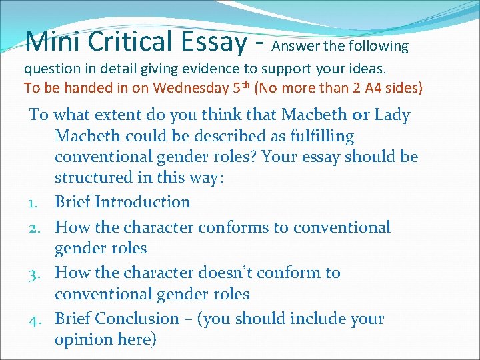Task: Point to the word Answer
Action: [x=295, y=47]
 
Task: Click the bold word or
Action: [x=361, y=115]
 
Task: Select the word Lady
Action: [x=392, y=115]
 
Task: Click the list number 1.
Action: [x=38, y=203]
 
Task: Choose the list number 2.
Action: [x=38, y=227]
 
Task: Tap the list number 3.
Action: [x=38, y=273]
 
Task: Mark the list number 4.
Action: [x=38, y=319]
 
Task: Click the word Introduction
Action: [x=143, y=202]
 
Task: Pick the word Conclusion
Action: [x=137, y=319]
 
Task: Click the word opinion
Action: [x=83, y=340]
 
